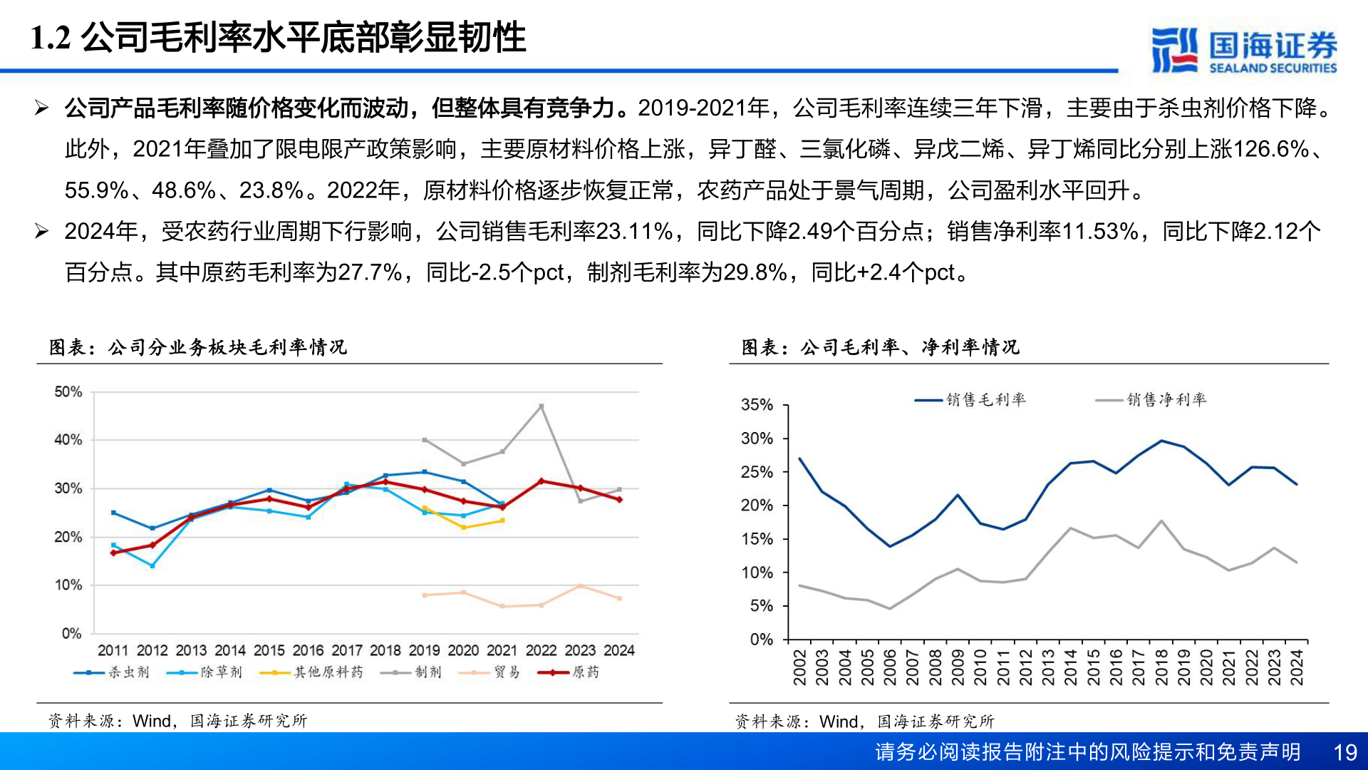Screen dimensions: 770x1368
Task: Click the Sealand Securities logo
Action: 1243,50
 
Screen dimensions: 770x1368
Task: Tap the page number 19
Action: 1345,752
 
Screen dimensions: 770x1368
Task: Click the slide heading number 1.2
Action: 51,38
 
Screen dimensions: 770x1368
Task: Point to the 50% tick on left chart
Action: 68,392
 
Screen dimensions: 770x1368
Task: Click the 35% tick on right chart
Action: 757,405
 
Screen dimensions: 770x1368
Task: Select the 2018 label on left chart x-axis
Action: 385,650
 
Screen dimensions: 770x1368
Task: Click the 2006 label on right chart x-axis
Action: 890,667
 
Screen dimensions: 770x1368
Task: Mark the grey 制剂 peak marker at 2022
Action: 541,406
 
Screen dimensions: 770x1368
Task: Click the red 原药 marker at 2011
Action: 113,553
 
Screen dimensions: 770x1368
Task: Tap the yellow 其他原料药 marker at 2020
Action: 464,528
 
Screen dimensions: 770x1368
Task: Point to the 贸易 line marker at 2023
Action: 581,586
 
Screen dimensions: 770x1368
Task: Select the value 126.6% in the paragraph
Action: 1270,149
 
